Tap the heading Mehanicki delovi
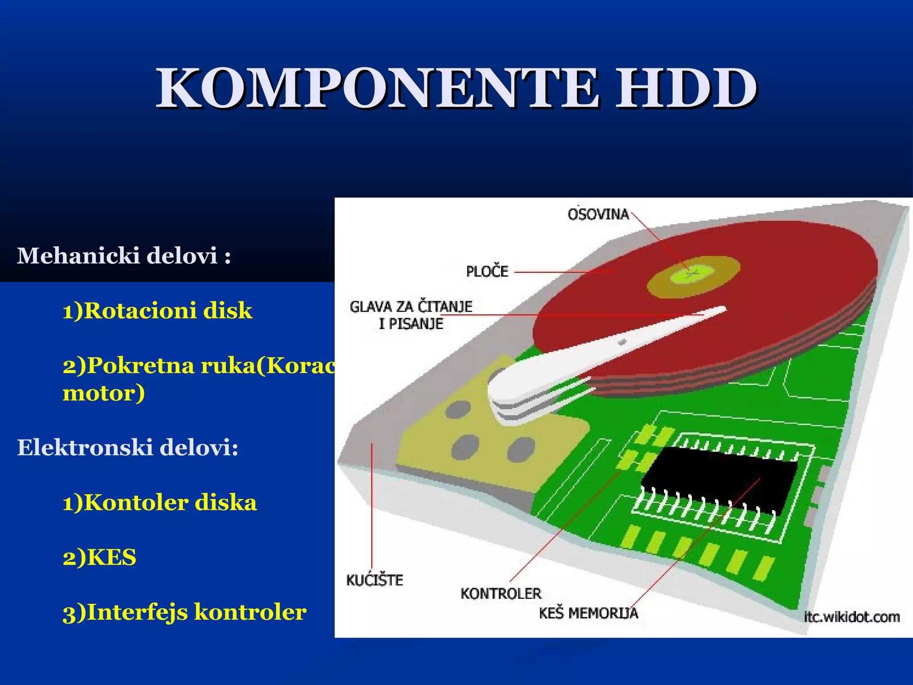point(123,256)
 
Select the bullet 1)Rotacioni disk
point(157,310)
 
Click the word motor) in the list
point(103,393)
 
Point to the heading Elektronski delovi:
point(127,447)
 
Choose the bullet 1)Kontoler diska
point(160,503)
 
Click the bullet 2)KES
point(99,557)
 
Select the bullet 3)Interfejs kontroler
point(184,612)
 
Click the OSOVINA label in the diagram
point(598,215)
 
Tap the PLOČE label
point(487,271)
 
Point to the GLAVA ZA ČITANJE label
point(411,307)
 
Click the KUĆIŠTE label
point(374,580)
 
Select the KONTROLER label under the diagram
point(501,594)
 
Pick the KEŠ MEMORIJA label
point(588,613)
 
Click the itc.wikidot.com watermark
point(851,617)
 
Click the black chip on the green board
point(718,479)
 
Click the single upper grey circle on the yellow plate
point(458,409)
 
